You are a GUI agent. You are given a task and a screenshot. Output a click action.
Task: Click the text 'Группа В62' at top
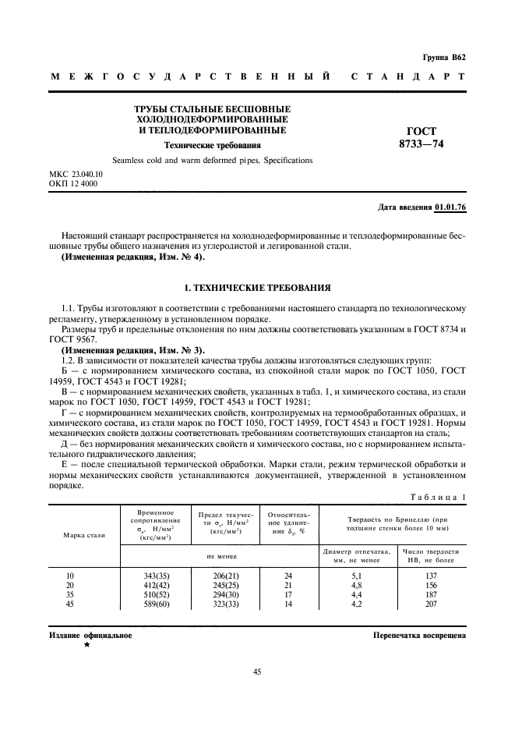point(443,58)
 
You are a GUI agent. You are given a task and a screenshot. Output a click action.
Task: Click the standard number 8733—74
point(422,145)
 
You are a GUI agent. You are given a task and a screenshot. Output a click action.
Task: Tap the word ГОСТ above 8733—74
point(422,132)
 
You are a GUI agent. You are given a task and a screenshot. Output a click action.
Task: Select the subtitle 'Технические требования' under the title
point(212,145)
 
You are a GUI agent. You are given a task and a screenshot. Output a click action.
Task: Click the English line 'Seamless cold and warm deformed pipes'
point(212,160)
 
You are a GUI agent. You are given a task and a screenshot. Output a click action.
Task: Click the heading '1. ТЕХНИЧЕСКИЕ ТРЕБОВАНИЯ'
point(257,287)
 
